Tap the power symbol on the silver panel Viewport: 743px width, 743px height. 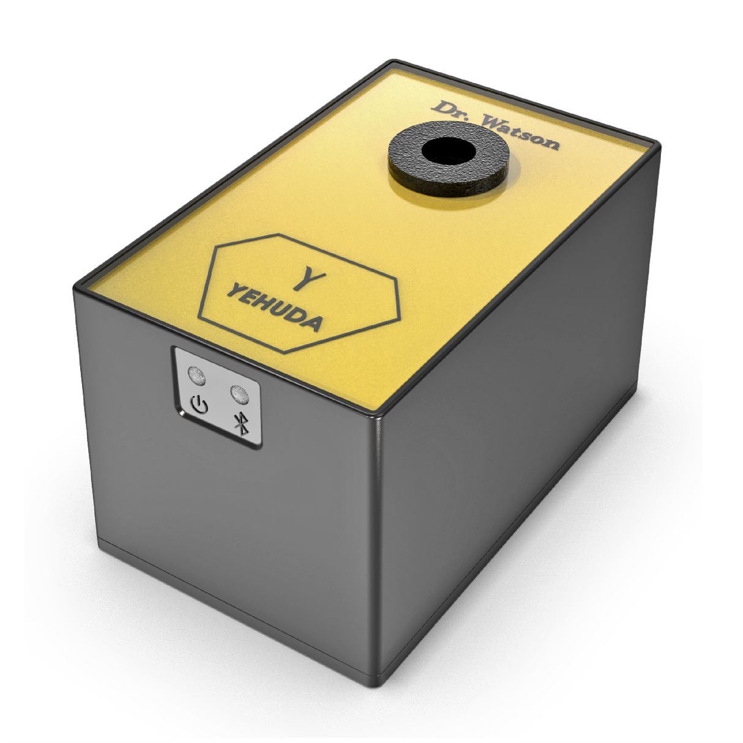pyautogui.click(x=200, y=405)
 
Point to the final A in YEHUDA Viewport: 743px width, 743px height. pyautogui.click(x=312, y=321)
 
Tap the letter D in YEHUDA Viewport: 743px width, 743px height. pyautogui.click(x=296, y=315)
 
